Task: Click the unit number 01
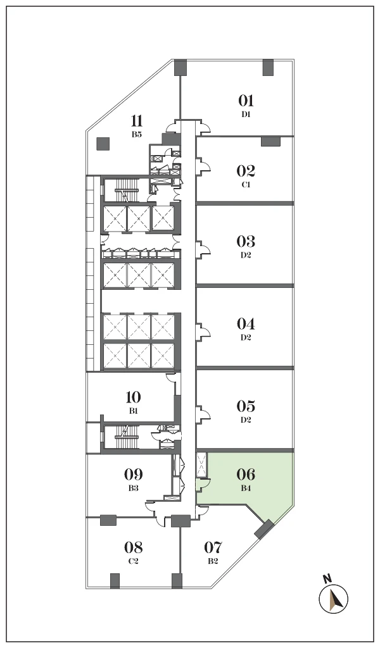pos(246,101)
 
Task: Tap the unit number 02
pos(246,171)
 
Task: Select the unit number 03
pos(246,241)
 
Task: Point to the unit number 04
pos(246,323)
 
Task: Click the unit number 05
pos(246,406)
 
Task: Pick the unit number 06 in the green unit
pos(246,474)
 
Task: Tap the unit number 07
pos(213,547)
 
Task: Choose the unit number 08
pos(134,547)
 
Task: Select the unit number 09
pos(134,474)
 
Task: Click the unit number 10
pos(133,397)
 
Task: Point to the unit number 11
pos(137,121)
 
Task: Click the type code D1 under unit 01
pos(246,115)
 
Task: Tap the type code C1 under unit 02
pos(246,185)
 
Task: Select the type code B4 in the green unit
pos(246,488)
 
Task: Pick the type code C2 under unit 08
pos(133,561)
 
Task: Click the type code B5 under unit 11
pos(137,134)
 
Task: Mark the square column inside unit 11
pos(103,144)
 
